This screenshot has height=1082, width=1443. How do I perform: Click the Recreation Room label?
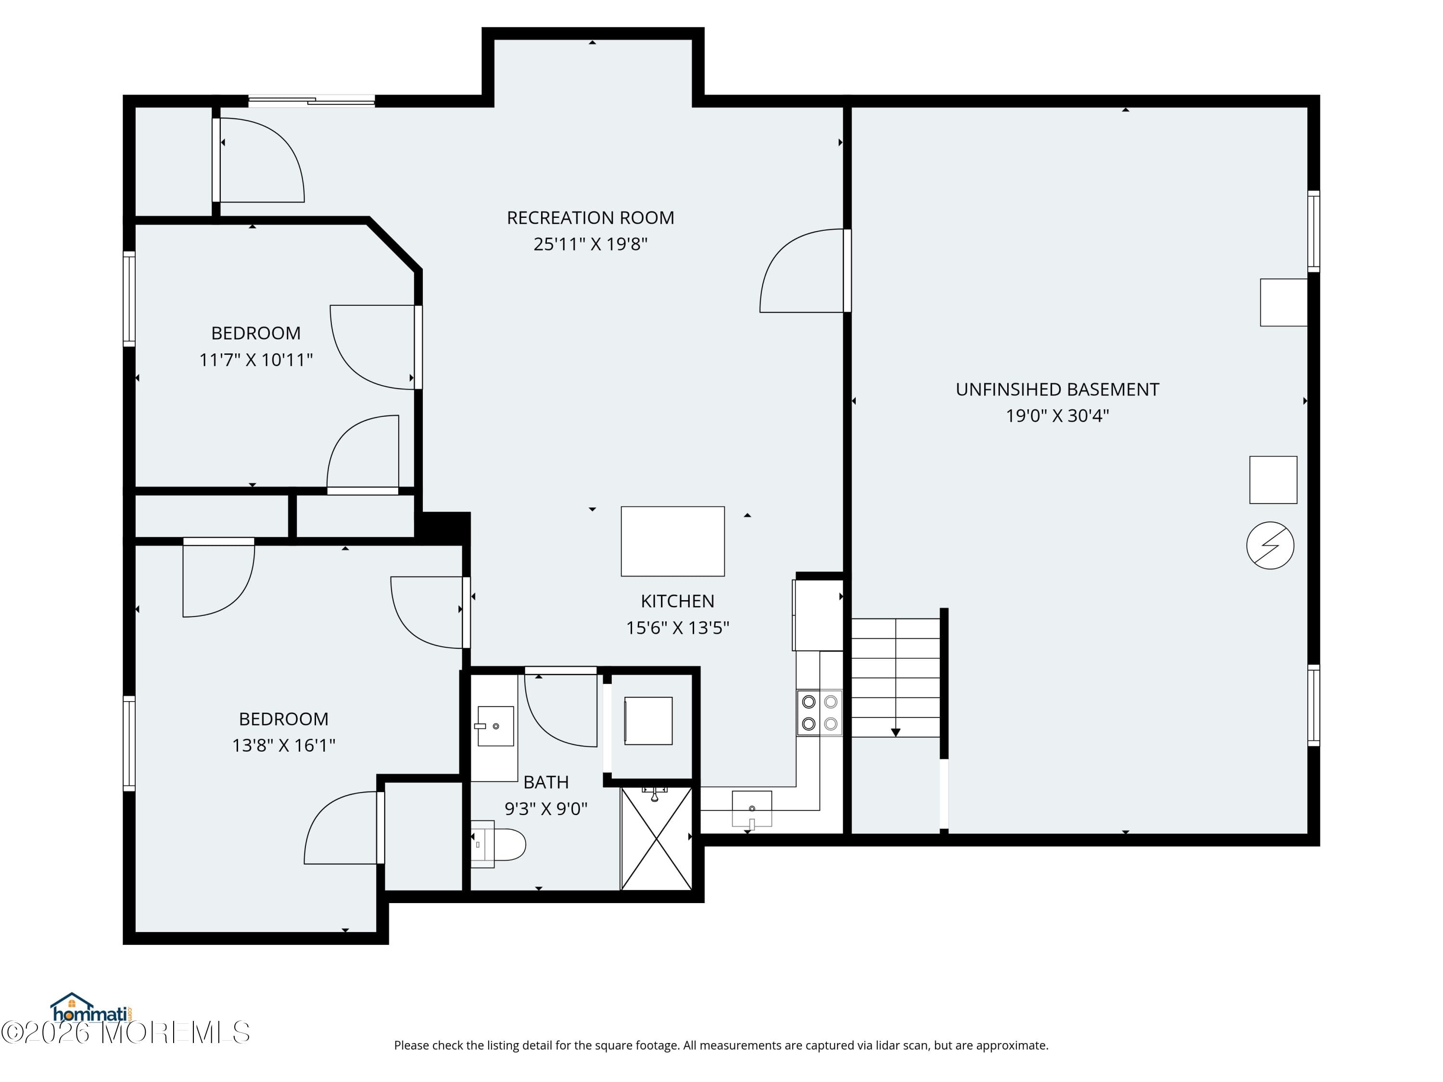(x=590, y=217)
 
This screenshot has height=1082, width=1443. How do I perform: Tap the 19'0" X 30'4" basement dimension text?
(x=1057, y=415)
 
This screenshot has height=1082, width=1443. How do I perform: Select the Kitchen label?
(x=677, y=601)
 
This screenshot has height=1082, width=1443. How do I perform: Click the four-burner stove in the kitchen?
(x=819, y=712)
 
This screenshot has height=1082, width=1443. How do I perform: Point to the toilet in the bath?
(x=500, y=844)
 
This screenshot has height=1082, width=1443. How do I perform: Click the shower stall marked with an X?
(x=656, y=838)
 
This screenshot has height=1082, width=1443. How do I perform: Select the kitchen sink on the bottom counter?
(x=751, y=809)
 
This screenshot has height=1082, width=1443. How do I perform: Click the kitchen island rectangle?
(x=672, y=541)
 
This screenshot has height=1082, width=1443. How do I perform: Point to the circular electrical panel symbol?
(x=1269, y=545)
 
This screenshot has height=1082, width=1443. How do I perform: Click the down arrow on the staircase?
(x=896, y=732)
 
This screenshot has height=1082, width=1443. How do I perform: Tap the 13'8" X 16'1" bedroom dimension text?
(x=283, y=745)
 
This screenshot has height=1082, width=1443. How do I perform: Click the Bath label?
(x=545, y=782)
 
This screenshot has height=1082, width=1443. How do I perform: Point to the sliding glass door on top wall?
(x=312, y=101)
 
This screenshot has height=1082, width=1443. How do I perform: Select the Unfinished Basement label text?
(x=1057, y=390)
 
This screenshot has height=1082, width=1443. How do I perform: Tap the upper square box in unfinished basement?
(x=1283, y=302)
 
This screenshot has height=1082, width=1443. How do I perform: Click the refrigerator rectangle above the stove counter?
(x=819, y=615)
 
